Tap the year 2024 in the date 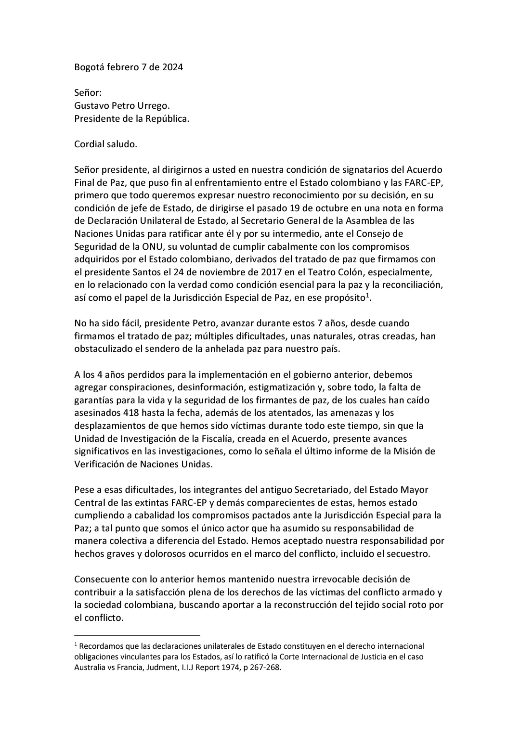pyautogui.click(x=171, y=67)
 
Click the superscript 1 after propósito pyautogui.click(x=367, y=295)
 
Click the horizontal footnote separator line pyautogui.click(x=137, y=635)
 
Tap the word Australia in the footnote pyautogui.click(x=90, y=668)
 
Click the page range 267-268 pyautogui.click(x=264, y=668)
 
